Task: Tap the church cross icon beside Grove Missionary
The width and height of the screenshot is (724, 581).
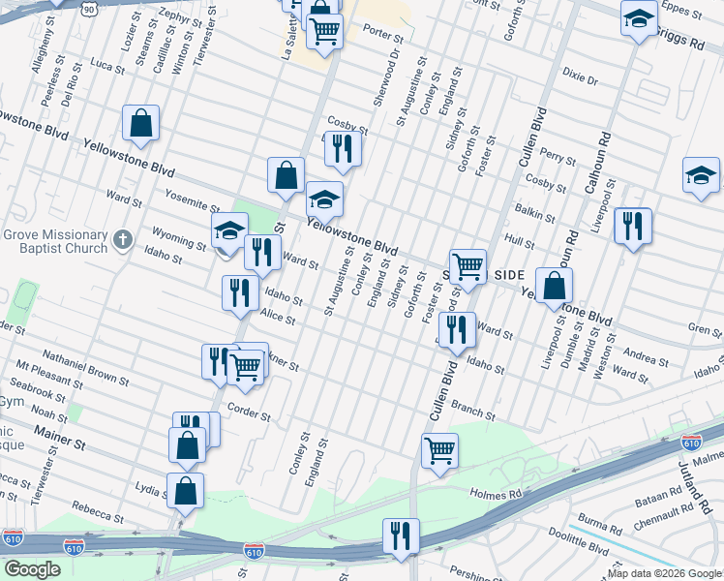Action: pos(122,238)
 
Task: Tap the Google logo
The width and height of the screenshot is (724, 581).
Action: pos(33,569)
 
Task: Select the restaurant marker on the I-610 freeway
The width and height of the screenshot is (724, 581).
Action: pos(399,535)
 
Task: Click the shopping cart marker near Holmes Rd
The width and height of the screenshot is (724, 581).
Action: pos(439,449)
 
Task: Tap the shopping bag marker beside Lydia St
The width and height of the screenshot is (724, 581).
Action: pos(185,490)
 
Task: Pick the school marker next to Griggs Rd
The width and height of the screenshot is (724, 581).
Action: pos(639,18)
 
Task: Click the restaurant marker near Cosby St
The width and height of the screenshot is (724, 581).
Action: pos(343,147)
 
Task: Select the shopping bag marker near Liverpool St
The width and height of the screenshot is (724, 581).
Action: pos(553,286)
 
